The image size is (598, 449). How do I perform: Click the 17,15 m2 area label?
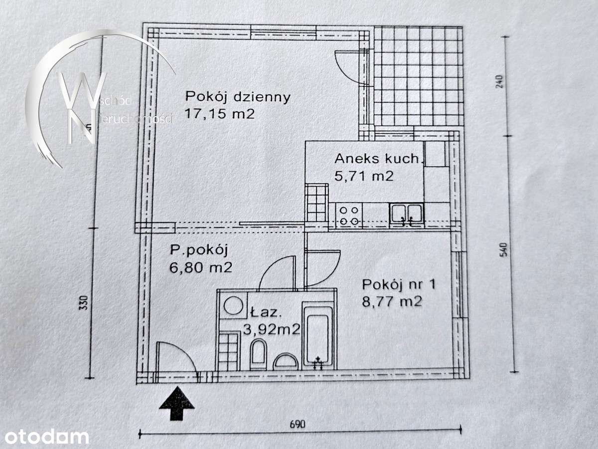point(219,114)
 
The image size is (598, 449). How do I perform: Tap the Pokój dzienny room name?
point(237,96)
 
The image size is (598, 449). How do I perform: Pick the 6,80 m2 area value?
point(201,267)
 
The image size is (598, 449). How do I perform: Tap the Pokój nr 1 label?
point(399,284)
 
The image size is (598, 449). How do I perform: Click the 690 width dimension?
point(297,424)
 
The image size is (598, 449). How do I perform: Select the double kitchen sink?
point(407,215)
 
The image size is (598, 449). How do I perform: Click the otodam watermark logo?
point(45,437)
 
